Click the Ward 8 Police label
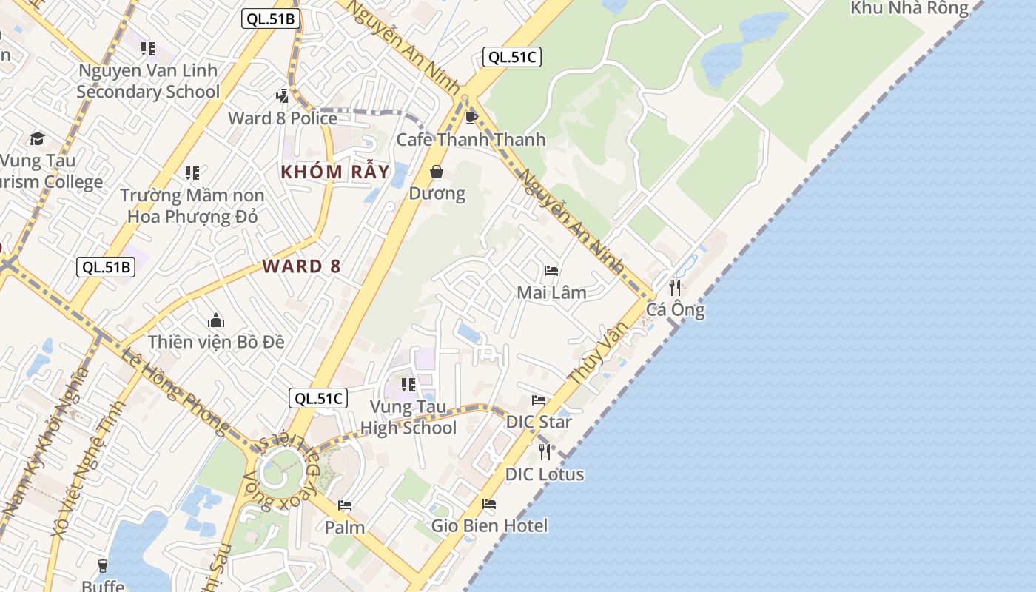(283, 118)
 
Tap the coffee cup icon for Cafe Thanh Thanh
(470, 118)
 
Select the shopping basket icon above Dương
(437, 172)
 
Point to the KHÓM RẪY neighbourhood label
(334, 172)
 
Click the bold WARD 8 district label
(301, 266)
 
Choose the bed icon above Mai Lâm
(551, 271)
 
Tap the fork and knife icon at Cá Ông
(675, 287)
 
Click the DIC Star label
(539, 422)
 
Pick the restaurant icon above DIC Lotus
(545, 451)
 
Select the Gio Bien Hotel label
(489, 526)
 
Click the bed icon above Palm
(344, 505)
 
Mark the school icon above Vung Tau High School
(408, 385)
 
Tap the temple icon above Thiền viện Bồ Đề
(216, 320)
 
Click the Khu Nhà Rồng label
(909, 8)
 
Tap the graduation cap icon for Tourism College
(37, 138)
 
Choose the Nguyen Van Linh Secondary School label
(148, 81)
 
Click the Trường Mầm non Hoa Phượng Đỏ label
(192, 206)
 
